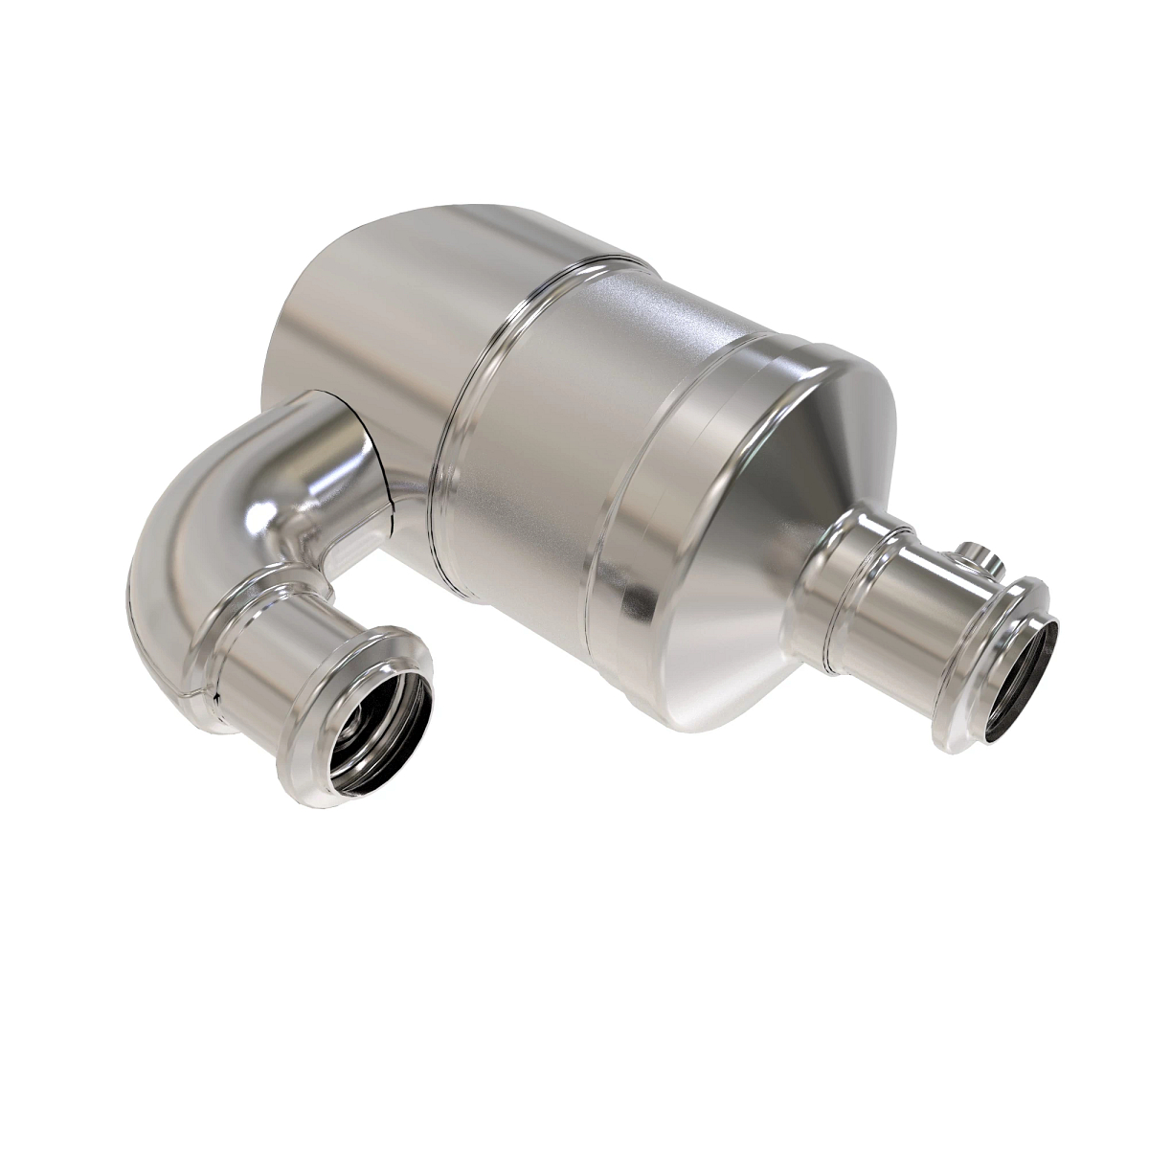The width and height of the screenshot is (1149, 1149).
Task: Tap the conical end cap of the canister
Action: [756, 613]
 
